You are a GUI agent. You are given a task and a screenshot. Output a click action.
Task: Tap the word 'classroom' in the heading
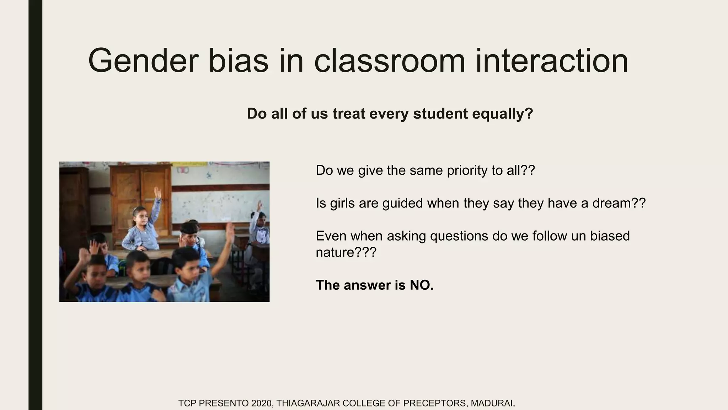(x=390, y=61)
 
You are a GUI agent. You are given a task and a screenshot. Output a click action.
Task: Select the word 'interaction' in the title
(x=551, y=61)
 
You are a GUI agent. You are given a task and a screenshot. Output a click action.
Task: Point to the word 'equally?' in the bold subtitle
(x=503, y=114)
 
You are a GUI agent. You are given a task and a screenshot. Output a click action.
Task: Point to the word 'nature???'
(x=346, y=252)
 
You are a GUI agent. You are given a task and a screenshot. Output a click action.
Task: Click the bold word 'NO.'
(x=422, y=285)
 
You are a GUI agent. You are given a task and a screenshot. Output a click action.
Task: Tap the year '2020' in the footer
(x=262, y=403)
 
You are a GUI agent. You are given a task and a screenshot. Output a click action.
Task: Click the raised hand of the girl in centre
(x=157, y=193)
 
